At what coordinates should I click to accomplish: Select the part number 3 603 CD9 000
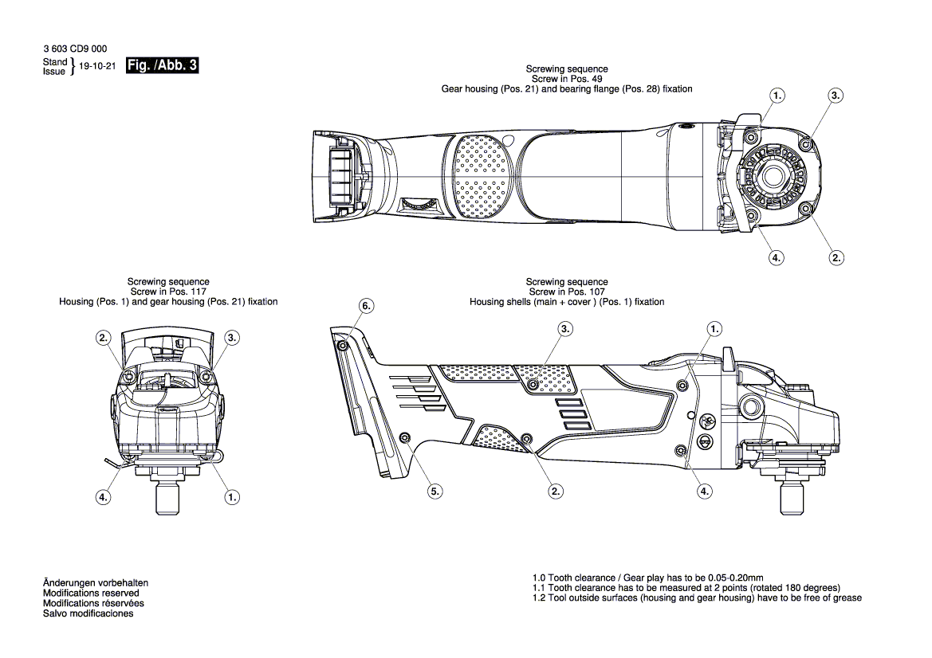pyautogui.click(x=75, y=49)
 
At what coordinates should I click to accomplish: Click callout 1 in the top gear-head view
pyautogui.click(x=777, y=95)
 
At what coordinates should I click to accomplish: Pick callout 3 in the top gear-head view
pyautogui.click(x=835, y=95)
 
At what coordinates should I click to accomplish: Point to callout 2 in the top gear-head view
pyautogui.click(x=836, y=257)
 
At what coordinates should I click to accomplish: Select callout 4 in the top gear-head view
pyautogui.click(x=776, y=257)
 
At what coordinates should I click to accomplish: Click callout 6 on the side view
pyautogui.click(x=366, y=306)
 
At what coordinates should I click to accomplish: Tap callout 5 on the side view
pyautogui.click(x=435, y=492)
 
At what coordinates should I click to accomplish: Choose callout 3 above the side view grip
pyautogui.click(x=565, y=328)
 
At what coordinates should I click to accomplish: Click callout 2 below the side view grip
pyautogui.click(x=556, y=492)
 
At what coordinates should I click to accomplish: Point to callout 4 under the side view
pyautogui.click(x=704, y=492)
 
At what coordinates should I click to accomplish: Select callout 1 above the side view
pyautogui.click(x=714, y=328)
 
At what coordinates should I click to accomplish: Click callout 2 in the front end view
pyautogui.click(x=104, y=338)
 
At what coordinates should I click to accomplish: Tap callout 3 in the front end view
pyautogui.click(x=232, y=338)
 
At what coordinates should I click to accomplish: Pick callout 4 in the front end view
pyautogui.click(x=103, y=497)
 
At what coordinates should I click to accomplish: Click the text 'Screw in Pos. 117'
pyautogui.click(x=168, y=292)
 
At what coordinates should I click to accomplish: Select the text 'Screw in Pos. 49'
pyautogui.click(x=567, y=80)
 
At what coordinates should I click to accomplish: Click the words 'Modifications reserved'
pyautogui.click(x=91, y=593)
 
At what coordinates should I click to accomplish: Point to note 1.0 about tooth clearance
pyautogui.click(x=648, y=578)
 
